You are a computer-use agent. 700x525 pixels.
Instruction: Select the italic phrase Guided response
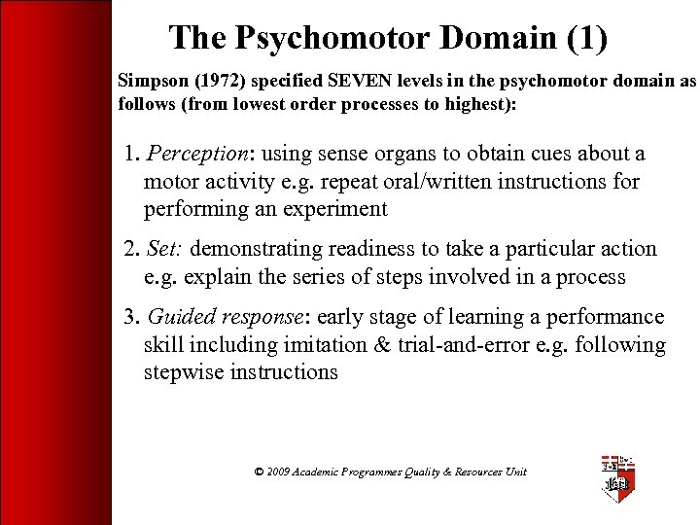225,317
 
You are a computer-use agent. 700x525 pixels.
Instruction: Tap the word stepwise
185,372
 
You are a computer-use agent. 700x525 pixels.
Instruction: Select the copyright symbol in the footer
259,472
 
